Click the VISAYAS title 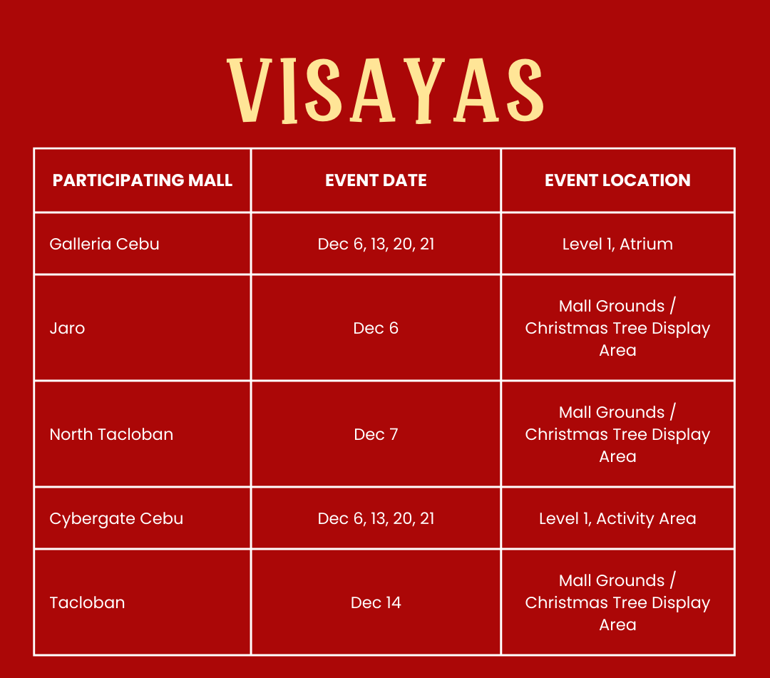coord(385,91)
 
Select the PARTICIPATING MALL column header coord(143,180)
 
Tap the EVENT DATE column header coord(376,180)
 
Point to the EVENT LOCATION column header coord(617,180)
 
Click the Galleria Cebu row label coord(104,244)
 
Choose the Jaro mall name coord(67,328)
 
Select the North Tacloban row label coord(111,434)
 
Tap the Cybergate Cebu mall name coord(116,518)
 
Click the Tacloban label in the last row coord(87,602)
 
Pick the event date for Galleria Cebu coord(376,244)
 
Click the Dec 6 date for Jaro coord(376,328)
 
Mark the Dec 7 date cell coord(376,434)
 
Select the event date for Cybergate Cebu coord(376,518)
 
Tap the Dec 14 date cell coord(376,602)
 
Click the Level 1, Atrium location coord(617,244)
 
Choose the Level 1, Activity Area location coord(617,518)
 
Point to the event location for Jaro coord(617,328)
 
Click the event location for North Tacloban coord(617,434)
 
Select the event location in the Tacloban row coord(617,602)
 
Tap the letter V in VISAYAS coord(250,91)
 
